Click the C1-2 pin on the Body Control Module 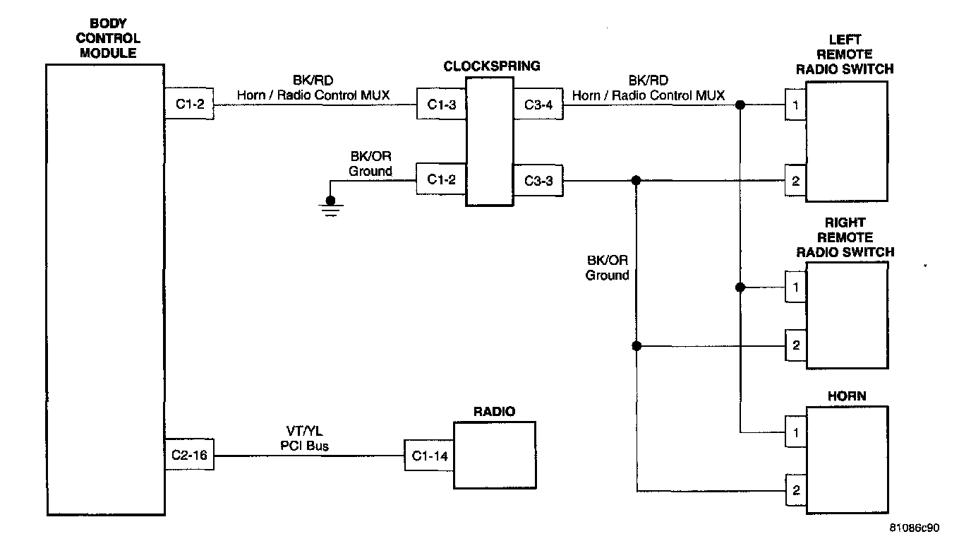pyautogui.click(x=189, y=105)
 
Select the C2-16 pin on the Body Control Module pyautogui.click(x=189, y=456)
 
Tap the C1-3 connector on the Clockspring pyautogui.click(x=441, y=105)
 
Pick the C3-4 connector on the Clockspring pyautogui.click(x=538, y=105)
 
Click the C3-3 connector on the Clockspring pyautogui.click(x=538, y=181)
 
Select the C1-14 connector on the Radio pyautogui.click(x=429, y=456)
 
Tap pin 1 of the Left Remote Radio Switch pyautogui.click(x=795, y=105)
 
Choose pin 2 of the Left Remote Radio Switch pyautogui.click(x=795, y=181)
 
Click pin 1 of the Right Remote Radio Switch pyautogui.click(x=795, y=287)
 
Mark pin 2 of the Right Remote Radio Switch pyautogui.click(x=795, y=346)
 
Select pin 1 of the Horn pyautogui.click(x=795, y=432)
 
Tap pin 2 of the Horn pyautogui.click(x=795, y=491)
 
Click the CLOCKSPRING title pyautogui.click(x=491, y=66)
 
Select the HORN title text pyautogui.click(x=846, y=396)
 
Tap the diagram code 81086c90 pyautogui.click(x=915, y=528)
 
